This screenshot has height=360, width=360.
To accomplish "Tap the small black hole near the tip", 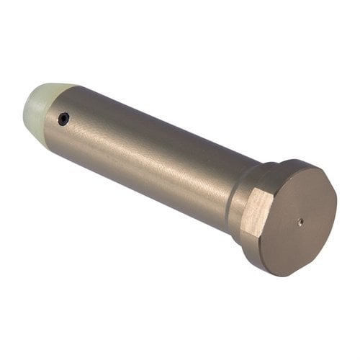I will pyautogui.click(x=64, y=120).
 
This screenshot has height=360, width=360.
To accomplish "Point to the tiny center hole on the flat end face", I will pyautogui.click(x=300, y=222).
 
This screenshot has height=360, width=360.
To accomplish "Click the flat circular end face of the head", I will pyautogui.click(x=299, y=220).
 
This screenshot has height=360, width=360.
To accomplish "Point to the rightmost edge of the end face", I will pyautogui.click(x=336, y=212).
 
